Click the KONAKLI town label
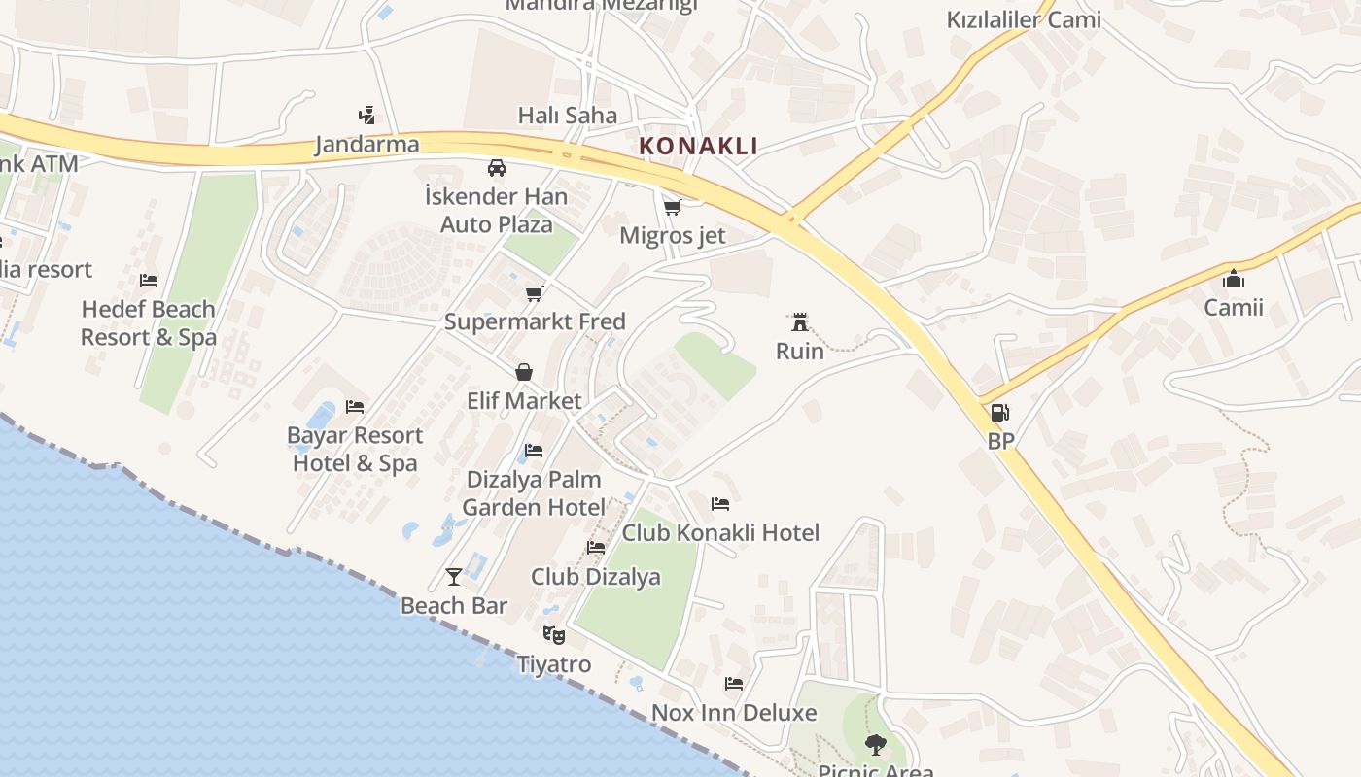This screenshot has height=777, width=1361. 698,147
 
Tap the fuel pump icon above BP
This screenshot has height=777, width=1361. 999,413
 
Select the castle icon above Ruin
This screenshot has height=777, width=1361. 800,322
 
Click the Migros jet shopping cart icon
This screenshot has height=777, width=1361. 672,207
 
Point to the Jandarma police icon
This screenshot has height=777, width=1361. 366,116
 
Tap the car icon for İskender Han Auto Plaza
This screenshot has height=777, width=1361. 497,168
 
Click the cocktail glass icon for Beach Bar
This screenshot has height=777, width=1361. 454,577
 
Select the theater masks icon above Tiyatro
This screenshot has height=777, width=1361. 554,635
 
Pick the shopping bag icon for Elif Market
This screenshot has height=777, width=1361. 524,372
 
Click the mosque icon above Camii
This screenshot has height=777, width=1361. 1234,280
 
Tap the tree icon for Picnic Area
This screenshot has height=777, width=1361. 875,745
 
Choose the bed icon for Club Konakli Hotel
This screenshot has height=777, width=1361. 720,503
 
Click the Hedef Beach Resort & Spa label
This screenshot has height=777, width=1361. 148,323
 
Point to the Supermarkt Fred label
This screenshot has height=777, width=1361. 535,321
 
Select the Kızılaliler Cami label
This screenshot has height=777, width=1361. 1024,19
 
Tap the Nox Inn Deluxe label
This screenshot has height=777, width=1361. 734,713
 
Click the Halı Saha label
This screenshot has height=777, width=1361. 568,116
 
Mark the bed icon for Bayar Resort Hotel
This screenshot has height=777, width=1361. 355,406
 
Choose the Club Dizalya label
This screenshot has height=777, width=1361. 595,577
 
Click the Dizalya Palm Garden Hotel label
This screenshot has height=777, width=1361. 534,493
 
